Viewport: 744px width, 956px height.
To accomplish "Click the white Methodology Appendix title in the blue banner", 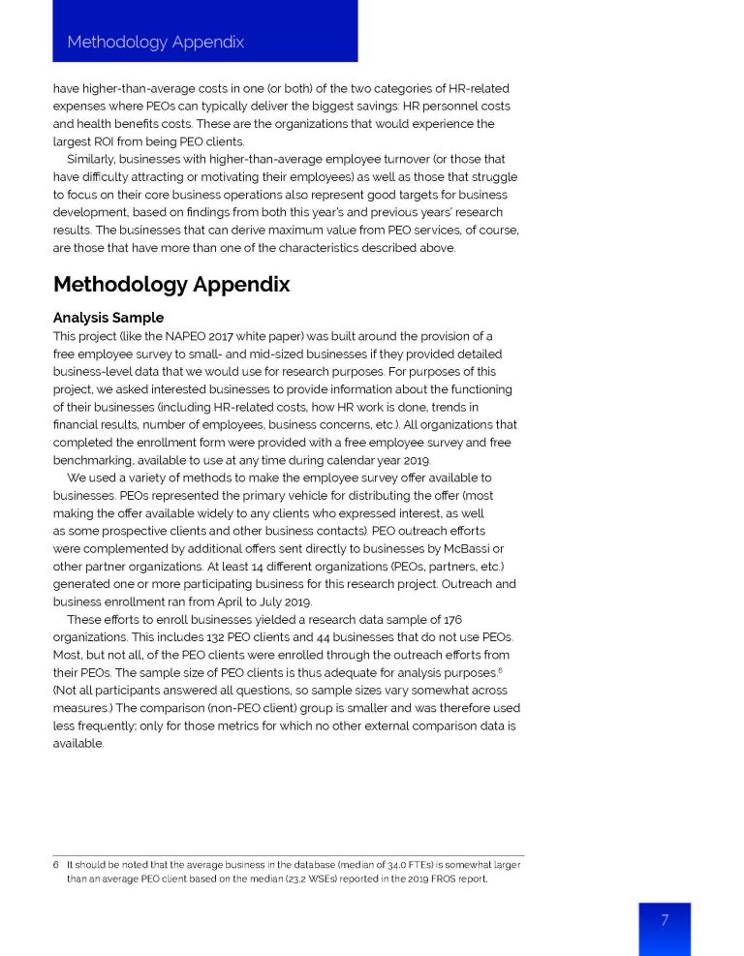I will pyautogui.click(x=155, y=42).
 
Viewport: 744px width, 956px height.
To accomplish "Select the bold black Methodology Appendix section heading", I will pyautogui.click(x=170, y=285).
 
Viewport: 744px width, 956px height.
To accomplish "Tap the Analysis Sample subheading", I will pyautogui.click(x=108, y=318).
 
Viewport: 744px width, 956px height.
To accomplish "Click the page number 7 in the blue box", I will pyautogui.click(x=665, y=920).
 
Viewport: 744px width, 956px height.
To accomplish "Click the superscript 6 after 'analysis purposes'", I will pyautogui.click(x=500, y=669).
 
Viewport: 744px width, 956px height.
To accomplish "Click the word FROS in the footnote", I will pyautogui.click(x=437, y=879).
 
